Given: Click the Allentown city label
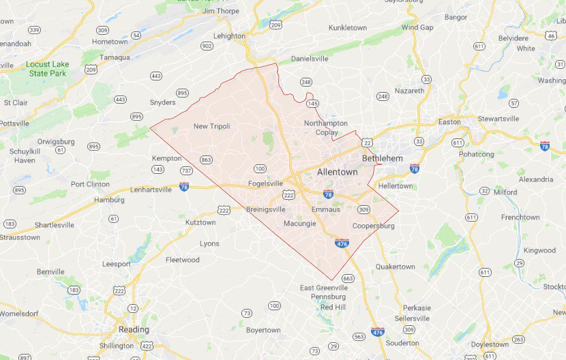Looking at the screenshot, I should (337, 172).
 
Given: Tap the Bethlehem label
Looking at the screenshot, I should (378, 158).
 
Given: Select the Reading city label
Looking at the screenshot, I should (134, 329).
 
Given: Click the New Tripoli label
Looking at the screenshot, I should (211, 126).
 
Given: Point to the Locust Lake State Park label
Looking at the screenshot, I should (47, 69).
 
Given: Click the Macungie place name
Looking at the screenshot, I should (299, 223).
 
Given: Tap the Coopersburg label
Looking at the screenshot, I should (374, 226).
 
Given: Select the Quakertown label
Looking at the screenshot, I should (395, 267).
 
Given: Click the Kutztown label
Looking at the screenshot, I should (200, 222).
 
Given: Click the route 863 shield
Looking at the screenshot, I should (206, 160).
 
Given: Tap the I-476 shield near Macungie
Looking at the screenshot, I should (342, 241).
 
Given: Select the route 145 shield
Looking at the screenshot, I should (313, 104).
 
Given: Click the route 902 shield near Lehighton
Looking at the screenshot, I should (207, 46).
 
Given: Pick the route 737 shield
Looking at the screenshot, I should (186, 170).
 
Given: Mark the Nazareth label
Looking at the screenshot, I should (409, 90).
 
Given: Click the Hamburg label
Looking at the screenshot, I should (109, 200).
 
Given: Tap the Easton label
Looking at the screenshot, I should (449, 122).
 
